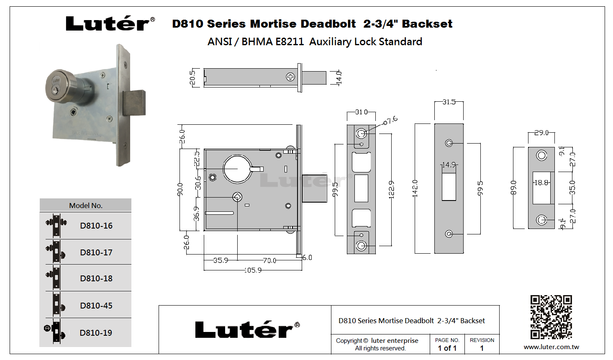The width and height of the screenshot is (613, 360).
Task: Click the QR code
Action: coord(551,317)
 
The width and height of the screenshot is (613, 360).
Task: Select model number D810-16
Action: coord(96,226)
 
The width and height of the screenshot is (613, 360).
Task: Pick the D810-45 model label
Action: coord(96,306)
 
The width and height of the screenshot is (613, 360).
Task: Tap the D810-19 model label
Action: coord(96,333)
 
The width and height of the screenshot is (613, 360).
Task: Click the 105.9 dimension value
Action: coord(253,270)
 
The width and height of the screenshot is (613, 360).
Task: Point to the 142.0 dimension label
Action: coord(415,188)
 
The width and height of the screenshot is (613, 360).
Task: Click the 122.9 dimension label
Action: coord(391,190)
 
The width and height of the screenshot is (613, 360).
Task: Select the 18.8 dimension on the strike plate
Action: coord(541,183)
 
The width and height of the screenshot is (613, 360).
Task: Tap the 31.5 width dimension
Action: coord(449,102)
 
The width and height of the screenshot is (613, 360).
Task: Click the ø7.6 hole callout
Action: coord(390,121)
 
